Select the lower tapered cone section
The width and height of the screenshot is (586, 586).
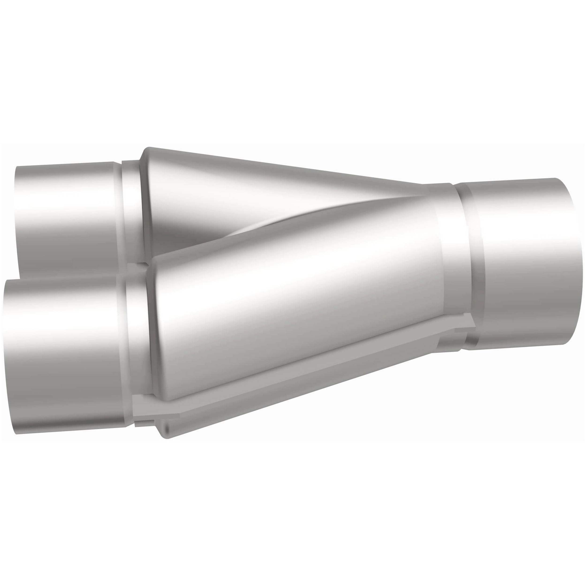pos(288,319)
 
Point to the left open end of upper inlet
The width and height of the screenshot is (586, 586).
pos(17,218)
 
